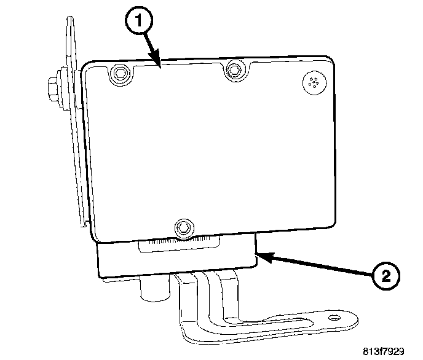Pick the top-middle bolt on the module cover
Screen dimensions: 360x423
[x=233, y=71]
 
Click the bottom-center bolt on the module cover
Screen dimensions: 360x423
[x=183, y=227]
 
